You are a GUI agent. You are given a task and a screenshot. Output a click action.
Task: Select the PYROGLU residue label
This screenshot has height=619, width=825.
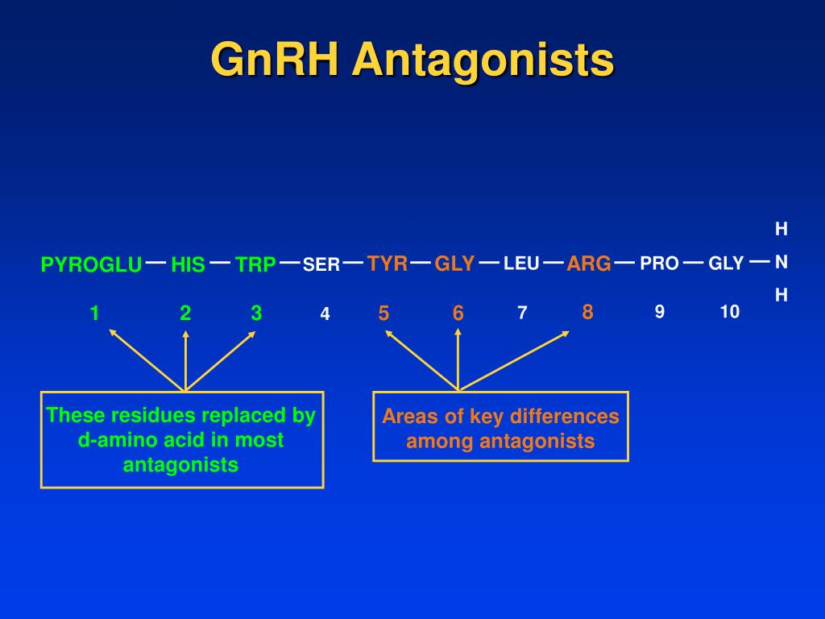(91, 264)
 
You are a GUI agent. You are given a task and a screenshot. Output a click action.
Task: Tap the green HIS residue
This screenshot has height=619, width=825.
(188, 264)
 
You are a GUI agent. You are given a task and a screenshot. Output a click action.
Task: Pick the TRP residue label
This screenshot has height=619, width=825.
(256, 264)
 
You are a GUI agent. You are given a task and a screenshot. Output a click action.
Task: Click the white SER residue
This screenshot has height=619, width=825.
(321, 264)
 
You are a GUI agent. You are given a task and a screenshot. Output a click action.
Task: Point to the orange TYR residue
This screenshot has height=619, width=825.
(388, 263)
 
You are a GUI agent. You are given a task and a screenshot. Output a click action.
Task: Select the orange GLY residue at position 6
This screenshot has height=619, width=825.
(454, 264)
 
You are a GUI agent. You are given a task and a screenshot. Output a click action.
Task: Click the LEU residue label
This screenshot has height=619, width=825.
(521, 263)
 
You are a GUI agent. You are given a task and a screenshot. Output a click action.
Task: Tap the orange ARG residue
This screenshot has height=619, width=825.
(589, 264)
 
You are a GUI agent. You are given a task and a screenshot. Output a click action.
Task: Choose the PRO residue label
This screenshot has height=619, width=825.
(659, 264)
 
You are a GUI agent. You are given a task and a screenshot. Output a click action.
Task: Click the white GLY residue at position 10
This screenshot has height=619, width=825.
(726, 264)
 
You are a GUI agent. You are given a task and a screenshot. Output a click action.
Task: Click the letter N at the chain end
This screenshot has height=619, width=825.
(781, 262)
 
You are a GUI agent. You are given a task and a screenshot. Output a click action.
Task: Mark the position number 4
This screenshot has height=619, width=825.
(325, 314)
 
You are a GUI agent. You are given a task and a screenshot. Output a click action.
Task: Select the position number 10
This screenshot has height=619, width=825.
(729, 312)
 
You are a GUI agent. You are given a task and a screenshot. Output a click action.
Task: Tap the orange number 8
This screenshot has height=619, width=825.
(587, 312)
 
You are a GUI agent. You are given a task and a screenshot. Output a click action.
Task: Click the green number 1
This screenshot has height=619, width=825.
(95, 314)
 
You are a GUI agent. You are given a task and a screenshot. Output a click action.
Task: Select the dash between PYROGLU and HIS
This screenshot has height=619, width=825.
(156, 262)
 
